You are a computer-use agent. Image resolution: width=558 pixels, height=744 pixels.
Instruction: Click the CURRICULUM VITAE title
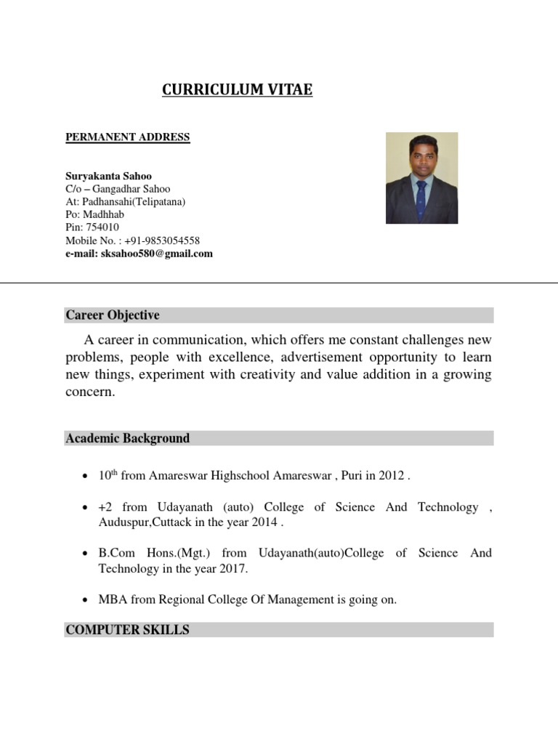tap(237, 90)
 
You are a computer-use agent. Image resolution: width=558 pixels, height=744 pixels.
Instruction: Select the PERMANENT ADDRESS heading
tap(128, 137)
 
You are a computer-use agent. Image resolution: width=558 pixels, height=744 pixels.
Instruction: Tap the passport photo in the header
tap(421, 178)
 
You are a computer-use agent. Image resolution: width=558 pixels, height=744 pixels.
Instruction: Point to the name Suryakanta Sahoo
tap(109, 176)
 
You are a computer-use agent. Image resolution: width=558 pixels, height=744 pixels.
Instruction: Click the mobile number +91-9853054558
tap(161, 240)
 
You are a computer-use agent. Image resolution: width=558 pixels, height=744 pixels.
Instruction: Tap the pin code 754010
tap(103, 227)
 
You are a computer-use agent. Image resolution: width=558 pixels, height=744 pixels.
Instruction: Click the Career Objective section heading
tap(113, 315)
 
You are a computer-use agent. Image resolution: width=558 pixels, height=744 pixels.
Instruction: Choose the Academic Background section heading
tap(128, 438)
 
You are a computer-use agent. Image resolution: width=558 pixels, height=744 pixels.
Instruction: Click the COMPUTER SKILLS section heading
tap(128, 630)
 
